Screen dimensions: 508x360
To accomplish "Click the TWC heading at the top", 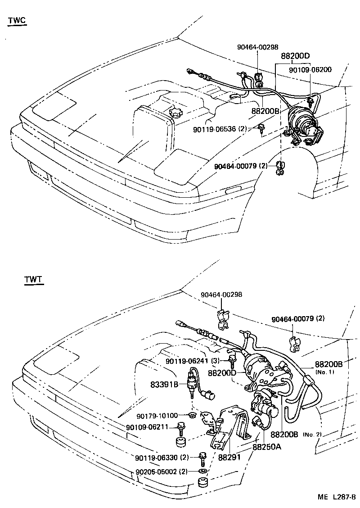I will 17,20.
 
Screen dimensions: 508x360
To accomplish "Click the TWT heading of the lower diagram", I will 33,280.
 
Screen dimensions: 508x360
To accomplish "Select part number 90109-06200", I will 310,70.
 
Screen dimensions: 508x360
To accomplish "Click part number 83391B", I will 164,384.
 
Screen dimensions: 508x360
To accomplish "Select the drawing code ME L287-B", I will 337,497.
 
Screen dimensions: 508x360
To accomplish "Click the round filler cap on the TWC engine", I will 174,112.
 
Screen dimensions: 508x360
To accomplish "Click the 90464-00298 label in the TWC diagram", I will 258,47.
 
